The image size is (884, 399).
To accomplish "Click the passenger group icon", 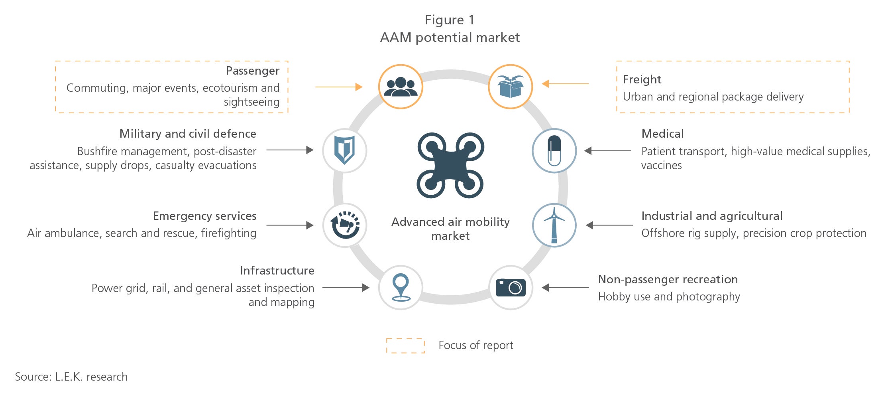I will click(400, 87).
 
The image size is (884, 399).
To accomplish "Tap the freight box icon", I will click(510, 87).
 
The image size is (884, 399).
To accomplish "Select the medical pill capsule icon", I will click(554, 150).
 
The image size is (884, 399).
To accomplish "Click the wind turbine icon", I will click(554, 225).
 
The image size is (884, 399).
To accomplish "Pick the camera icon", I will click(511, 287).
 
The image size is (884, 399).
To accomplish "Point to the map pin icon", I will click(401, 287).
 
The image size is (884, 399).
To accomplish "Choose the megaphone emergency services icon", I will click(345, 225).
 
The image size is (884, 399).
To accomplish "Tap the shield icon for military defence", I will click(344, 150).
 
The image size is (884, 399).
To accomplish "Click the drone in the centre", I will click(450, 166).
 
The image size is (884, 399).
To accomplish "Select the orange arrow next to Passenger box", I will click(339, 87).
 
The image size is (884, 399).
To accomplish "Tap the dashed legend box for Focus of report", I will click(405, 346).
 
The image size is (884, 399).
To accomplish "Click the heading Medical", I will click(662, 134).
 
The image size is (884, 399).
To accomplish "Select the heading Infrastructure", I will click(277, 271).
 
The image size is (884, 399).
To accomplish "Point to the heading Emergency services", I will click(204, 216).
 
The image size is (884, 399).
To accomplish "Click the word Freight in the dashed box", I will click(642, 79).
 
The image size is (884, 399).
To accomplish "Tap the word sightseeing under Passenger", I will click(251, 102).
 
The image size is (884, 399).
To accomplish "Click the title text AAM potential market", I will click(450, 38).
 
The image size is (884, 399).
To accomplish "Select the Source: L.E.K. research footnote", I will click(71, 377).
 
